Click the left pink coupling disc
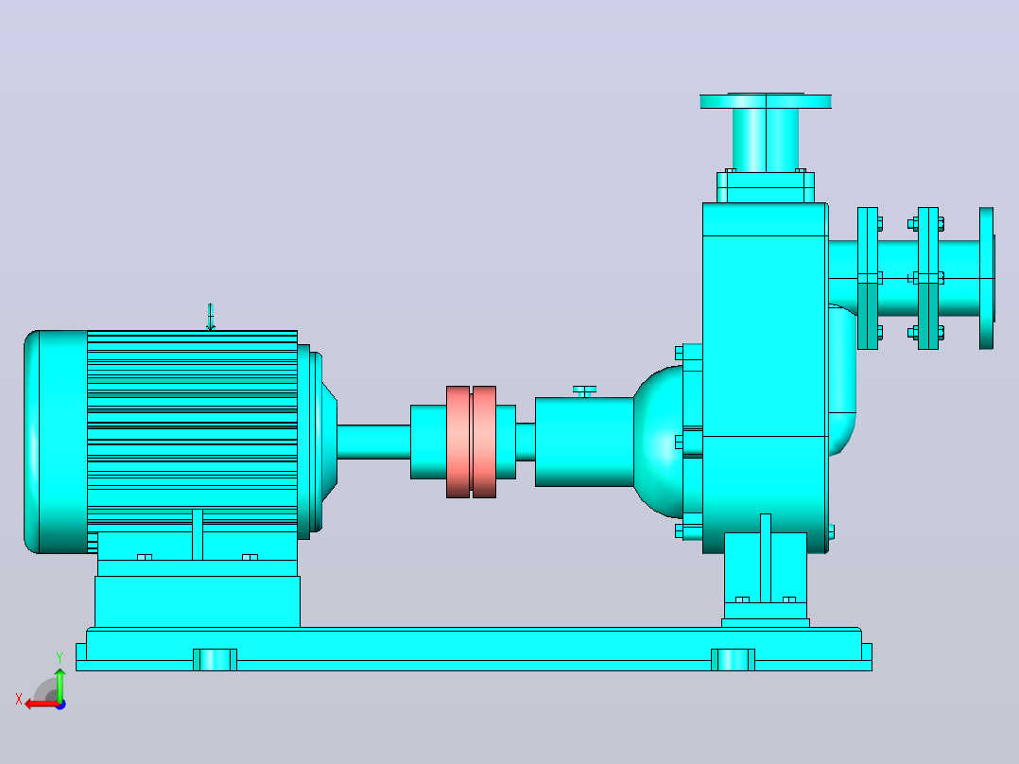[458, 443]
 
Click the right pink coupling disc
[484, 443]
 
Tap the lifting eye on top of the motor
[210, 318]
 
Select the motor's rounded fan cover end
[56, 443]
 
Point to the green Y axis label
[60, 658]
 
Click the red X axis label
[19, 700]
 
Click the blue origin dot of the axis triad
[61, 704]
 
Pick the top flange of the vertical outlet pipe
[766, 101]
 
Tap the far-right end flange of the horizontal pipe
[987, 278]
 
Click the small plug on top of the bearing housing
[584, 391]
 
